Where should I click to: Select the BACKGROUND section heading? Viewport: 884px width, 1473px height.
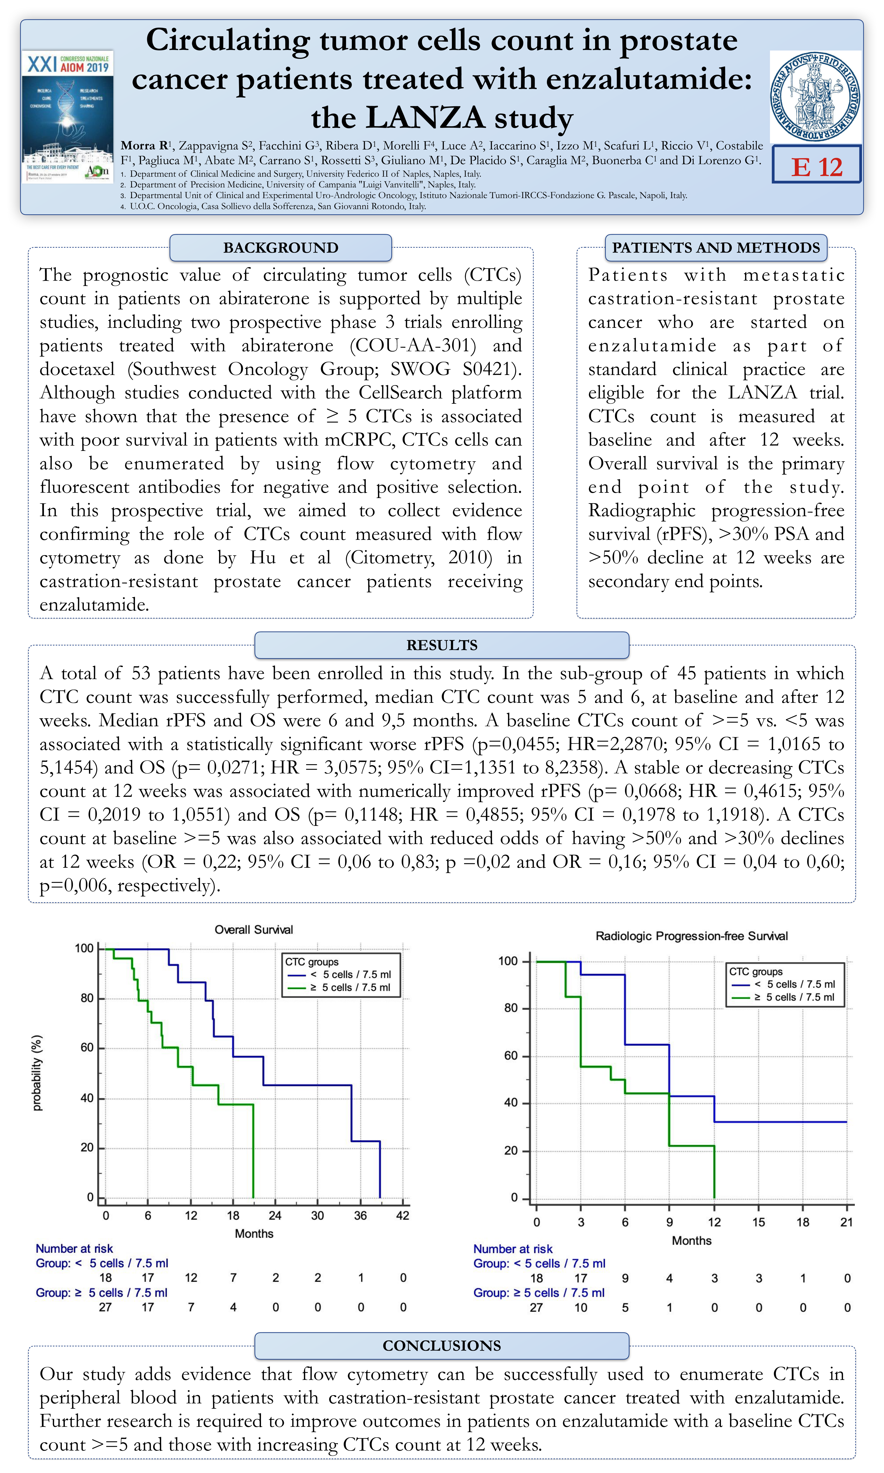tap(280, 248)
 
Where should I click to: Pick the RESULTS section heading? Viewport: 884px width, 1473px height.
tap(441, 645)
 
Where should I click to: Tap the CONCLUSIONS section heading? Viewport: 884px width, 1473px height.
tap(441, 1346)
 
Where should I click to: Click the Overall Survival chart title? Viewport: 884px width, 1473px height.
tap(254, 930)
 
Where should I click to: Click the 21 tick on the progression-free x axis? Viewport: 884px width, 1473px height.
tap(847, 1222)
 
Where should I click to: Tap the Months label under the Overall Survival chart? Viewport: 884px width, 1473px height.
tap(254, 1233)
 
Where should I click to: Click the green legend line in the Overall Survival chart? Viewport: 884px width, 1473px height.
tap(296, 987)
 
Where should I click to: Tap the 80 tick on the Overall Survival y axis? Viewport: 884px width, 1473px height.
tap(87, 998)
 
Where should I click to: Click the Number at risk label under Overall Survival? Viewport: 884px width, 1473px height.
tap(74, 1248)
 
